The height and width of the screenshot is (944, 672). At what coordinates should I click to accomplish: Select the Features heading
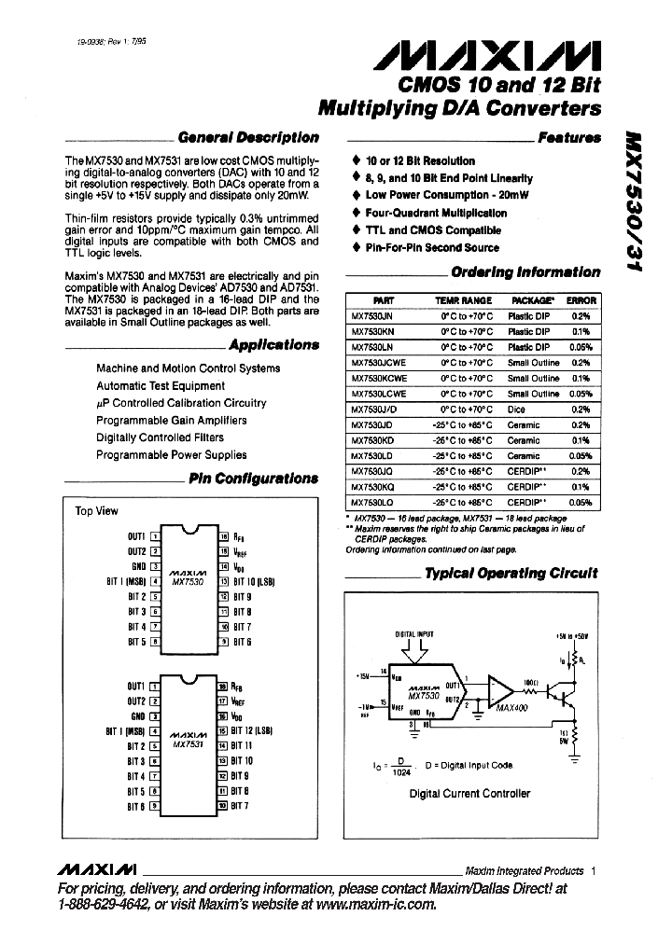568,137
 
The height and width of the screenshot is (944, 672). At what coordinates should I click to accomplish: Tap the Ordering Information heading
525,272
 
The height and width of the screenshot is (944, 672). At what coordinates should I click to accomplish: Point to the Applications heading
273,344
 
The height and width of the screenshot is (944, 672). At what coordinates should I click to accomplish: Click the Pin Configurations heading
253,479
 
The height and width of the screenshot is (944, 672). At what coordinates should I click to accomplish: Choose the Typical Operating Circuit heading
511,573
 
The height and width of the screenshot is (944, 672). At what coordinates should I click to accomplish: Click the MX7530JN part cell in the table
371,317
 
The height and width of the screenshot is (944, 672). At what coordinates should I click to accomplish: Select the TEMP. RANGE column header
463,301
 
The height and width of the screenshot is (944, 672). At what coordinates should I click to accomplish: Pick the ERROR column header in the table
581,301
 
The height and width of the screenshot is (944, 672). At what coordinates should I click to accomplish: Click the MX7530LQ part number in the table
371,502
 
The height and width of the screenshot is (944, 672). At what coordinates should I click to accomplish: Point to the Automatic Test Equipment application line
161,385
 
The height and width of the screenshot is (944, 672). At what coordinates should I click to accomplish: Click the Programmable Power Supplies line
172,455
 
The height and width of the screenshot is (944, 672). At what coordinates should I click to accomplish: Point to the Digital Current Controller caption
470,794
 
